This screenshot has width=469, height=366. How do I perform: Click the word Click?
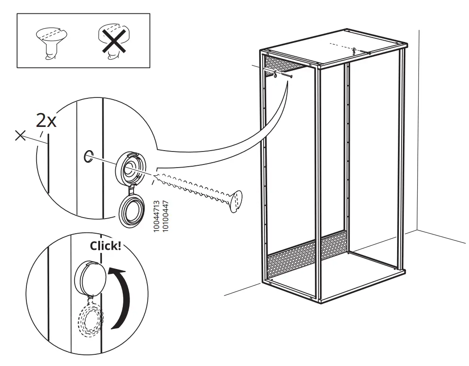coord(105,246)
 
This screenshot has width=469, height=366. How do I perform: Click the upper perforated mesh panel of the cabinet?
coord(286,64)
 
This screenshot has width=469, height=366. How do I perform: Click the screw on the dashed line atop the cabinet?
coord(354,50)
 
